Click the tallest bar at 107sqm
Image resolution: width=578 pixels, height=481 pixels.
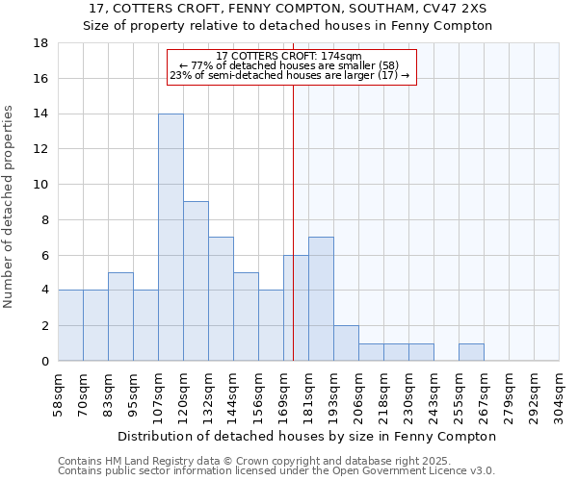coord(171,237)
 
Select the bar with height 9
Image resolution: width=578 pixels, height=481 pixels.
coord(196,281)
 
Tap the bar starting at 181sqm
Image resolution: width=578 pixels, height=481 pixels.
coord(321,298)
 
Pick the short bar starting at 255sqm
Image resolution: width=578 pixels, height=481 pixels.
coord(471,352)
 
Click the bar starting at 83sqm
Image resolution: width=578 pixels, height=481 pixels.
coord(120,316)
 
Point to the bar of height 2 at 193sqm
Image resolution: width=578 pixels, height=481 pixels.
coord(346,342)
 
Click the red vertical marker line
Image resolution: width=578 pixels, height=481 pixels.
coord(293,221)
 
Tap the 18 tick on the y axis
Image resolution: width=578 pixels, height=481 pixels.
coord(41,43)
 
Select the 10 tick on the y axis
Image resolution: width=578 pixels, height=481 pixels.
coord(41,185)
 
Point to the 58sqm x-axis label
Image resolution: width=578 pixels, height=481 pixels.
coord(59,393)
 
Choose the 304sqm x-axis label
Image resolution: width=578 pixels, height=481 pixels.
coord(560,393)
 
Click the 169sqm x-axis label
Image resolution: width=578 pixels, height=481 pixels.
coord(284,393)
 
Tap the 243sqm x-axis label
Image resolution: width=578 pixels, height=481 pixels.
coord(434,393)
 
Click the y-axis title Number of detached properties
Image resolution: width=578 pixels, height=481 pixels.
coord(10,207)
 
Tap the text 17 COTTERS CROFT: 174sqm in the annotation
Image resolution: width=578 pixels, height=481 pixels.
coord(289,56)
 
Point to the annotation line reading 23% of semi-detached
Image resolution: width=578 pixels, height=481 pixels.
coord(289,75)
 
